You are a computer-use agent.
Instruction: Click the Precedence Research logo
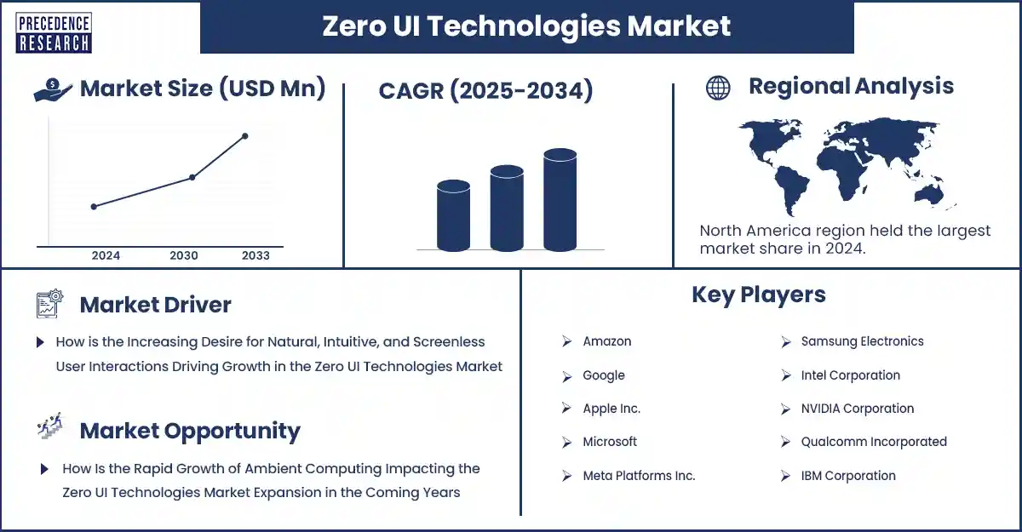pos(54,32)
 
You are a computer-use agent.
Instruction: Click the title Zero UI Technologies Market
pos(526,26)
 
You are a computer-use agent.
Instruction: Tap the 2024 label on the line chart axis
pos(106,255)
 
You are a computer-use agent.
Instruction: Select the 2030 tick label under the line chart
pos(184,255)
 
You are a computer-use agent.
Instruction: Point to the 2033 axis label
pos(255,255)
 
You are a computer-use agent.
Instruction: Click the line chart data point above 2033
pos(245,136)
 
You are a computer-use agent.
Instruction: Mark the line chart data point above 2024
pos(94,206)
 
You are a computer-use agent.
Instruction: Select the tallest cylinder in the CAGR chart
pos(560,200)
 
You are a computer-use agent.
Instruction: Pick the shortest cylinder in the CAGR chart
pos(453,215)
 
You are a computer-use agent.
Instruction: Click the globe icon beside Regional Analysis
pos(718,87)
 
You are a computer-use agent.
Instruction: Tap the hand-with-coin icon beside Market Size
pos(53,89)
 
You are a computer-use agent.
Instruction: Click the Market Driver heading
pos(155,305)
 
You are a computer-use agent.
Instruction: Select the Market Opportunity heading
pos(189,431)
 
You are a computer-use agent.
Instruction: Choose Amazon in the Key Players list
pos(606,341)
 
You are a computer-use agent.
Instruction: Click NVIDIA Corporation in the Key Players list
pos(857,409)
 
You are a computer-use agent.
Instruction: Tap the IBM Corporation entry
pos(847,476)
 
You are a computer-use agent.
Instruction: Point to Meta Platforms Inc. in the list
pos(639,476)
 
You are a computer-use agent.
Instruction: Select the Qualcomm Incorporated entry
pos(873,442)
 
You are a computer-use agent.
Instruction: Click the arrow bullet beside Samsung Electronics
pos(786,342)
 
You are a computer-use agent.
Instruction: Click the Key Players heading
pos(758,295)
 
